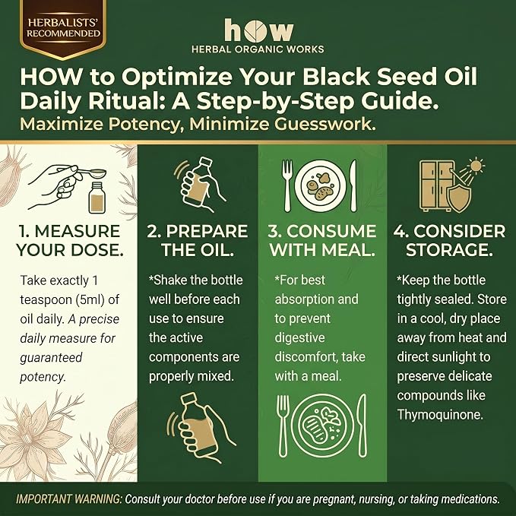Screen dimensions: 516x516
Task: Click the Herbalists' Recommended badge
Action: pos(63,29)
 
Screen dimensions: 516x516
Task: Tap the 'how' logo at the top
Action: pos(258,30)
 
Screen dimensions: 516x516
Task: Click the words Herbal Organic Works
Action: pos(258,49)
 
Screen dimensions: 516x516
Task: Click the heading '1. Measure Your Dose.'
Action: pos(69,241)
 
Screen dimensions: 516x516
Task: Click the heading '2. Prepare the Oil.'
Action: pos(198,241)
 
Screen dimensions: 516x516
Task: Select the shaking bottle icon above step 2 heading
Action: pos(200,184)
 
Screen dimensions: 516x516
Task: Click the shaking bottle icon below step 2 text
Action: pos(201,428)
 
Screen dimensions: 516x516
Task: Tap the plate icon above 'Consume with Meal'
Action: pos(320,186)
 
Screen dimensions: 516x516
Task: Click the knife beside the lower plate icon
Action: pos(362,426)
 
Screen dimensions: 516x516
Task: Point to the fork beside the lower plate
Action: pos(283,426)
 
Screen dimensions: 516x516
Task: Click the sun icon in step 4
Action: pos(476,166)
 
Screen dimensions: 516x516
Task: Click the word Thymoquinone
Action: pos(440,415)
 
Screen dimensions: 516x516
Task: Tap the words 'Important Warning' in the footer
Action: pos(69,499)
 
